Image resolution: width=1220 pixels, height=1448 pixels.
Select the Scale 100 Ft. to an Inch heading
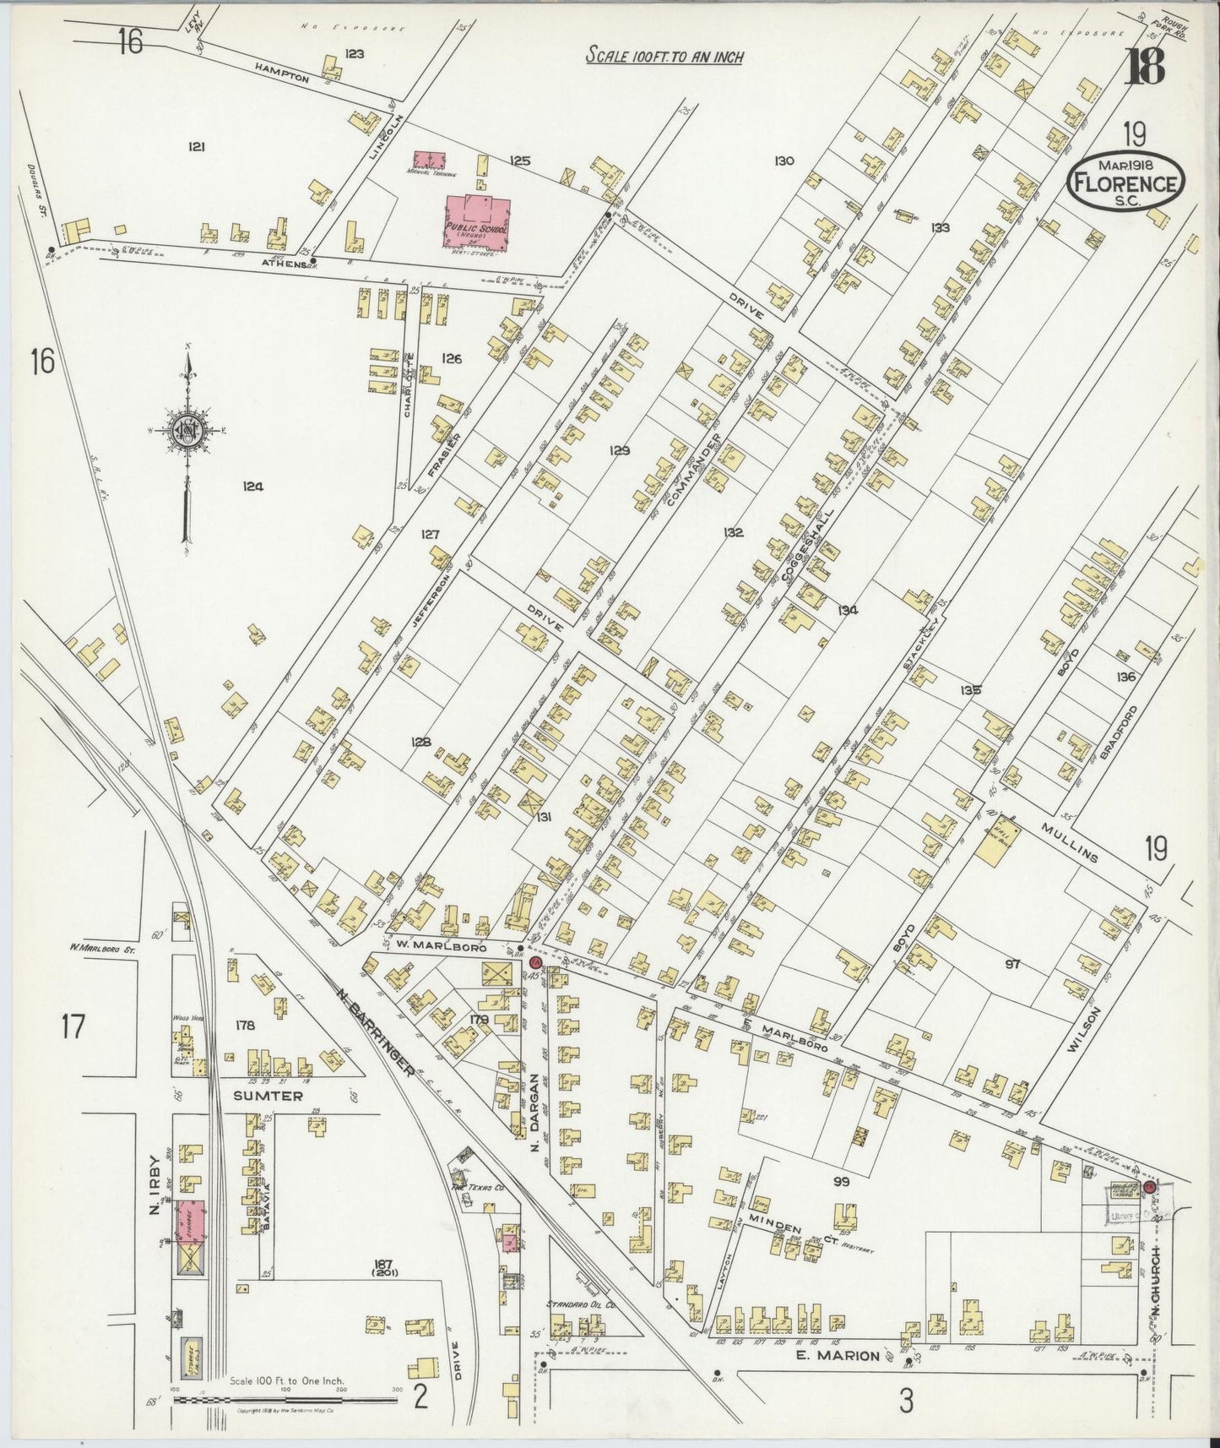tap(664, 57)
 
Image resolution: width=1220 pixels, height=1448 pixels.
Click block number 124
tap(252, 487)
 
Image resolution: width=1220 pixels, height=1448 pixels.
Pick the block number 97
tap(1012, 963)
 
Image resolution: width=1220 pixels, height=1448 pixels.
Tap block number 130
tap(784, 161)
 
